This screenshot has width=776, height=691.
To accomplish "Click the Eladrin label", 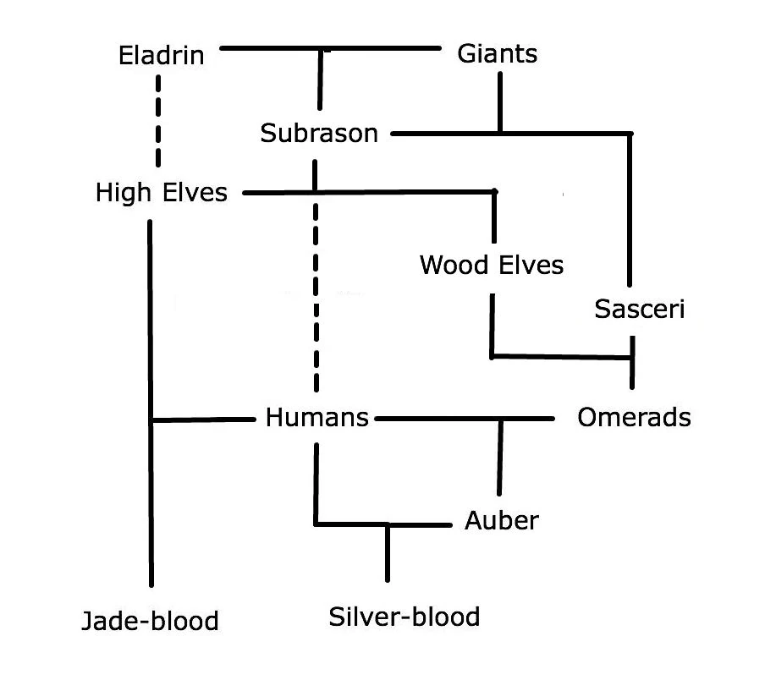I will [x=162, y=56].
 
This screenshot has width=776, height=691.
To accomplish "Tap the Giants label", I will [x=497, y=54].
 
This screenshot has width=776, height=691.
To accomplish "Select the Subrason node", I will [x=319, y=133].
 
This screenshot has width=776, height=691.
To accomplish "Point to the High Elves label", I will [x=162, y=193].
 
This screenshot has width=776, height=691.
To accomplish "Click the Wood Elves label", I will [x=491, y=265].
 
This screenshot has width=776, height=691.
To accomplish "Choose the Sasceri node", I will [x=639, y=309].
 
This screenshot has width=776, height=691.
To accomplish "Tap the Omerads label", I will [x=634, y=417].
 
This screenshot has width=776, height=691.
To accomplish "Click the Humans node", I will [x=317, y=418].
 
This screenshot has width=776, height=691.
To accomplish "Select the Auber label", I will [x=501, y=520].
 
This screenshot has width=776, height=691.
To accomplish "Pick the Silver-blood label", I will [x=404, y=617].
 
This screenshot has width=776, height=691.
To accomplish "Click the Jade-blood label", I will [x=150, y=621].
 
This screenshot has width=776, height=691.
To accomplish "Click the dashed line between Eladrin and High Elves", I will [x=158, y=123].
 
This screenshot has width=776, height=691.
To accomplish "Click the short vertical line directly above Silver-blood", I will [x=388, y=553].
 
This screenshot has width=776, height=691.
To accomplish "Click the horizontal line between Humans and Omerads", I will [x=440, y=418].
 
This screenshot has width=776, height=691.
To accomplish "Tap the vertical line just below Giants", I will [x=500, y=101].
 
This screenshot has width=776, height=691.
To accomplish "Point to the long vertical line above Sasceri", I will [x=630, y=211].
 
